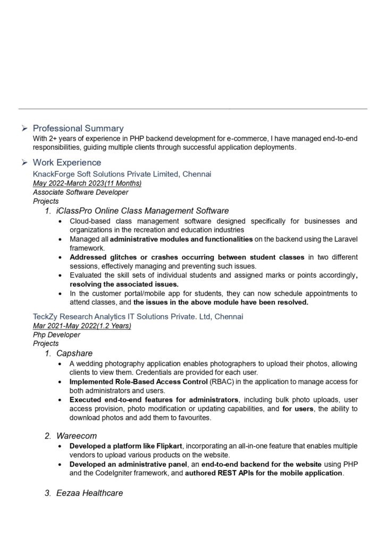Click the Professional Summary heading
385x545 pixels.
pyautogui.click(x=78, y=128)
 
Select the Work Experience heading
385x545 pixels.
pyautogui.click(x=66, y=162)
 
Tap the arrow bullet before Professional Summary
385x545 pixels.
pyautogui.click(x=24, y=128)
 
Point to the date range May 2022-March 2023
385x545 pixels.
pyautogui.click(x=87, y=183)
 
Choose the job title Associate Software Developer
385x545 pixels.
pyautogui.click(x=80, y=192)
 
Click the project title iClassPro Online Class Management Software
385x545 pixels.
pyautogui.click(x=143, y=211)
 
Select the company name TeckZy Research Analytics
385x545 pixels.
pyautogui.click(x=138, y=317)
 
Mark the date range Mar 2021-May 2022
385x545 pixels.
pyautogui.click(x=82, y=326)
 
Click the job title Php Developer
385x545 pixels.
pyautogui.click(x=56, y=335)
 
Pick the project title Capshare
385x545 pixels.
pyautogui.click(x=74, y=353)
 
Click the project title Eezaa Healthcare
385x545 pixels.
pyautogui.click(x=89, y=493)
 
